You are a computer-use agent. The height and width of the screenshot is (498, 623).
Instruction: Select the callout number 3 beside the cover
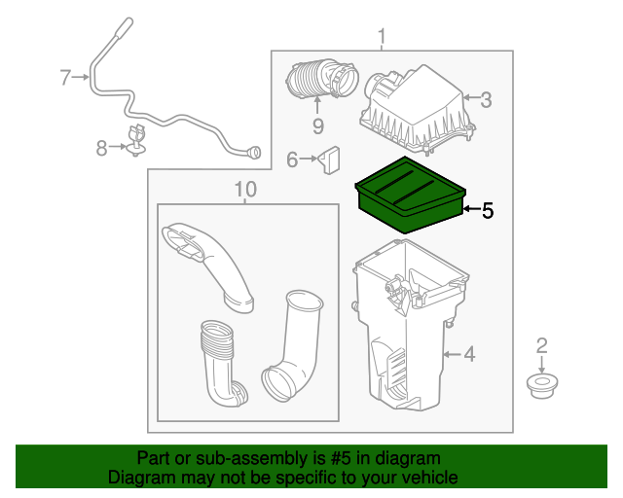click(486, 98)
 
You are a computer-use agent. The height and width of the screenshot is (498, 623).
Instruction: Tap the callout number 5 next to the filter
click(488, 209)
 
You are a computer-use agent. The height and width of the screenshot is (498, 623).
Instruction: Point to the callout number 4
click(469, 355)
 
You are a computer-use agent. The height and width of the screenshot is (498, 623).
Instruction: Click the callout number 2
click(542, 344)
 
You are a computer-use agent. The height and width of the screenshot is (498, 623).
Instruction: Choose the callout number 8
click(101, 148)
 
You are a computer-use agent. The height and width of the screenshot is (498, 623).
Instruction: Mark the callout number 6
click(292, 159)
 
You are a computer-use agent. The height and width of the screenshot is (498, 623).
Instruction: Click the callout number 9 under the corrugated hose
click(317, 127)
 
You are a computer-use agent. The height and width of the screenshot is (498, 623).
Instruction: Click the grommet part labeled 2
click(542, 386)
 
